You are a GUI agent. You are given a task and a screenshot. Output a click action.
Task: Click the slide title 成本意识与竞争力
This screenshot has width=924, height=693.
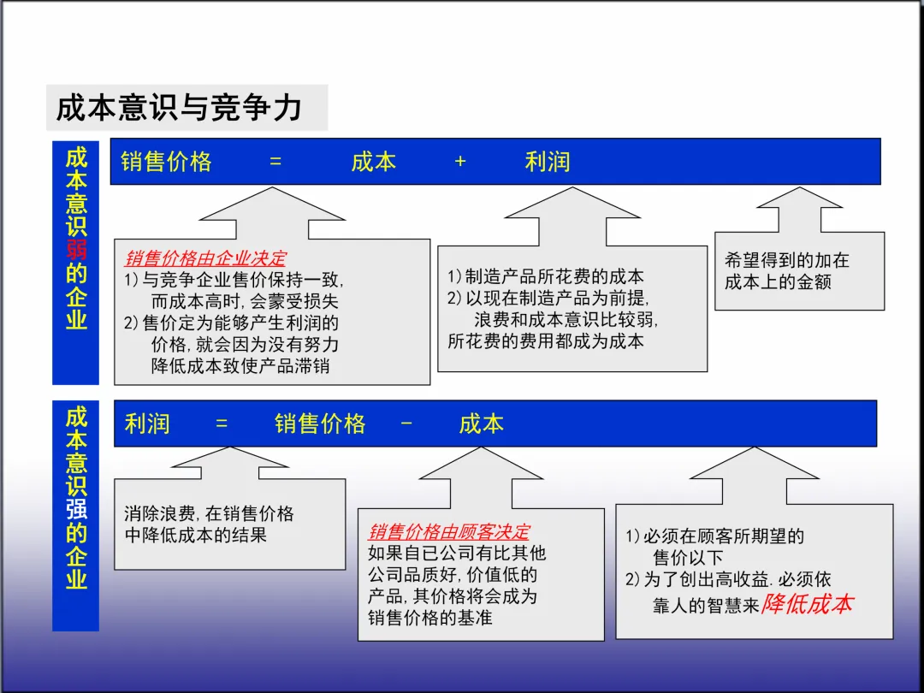[179, 108]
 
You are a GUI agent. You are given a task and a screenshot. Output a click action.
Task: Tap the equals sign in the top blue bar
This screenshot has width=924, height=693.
[275, 162]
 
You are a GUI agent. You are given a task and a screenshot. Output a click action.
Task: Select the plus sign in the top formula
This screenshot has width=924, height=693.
[460, 162]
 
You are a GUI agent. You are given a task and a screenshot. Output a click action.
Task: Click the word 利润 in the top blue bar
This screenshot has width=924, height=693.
[548, 162]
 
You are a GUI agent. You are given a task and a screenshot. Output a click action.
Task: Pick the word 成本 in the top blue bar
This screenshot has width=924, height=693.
[374, 162]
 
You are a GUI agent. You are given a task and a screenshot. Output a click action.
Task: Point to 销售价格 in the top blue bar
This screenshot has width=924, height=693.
[166, 162]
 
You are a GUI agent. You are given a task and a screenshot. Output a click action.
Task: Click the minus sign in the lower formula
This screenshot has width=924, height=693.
[406, 423]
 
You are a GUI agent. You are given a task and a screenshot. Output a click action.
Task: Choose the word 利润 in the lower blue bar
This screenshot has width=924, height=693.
[147, 423]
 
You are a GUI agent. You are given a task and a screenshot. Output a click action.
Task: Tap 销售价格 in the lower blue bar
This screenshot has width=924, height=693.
[320, 423]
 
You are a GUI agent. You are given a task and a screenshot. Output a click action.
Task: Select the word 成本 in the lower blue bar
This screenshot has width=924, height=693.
[482, 423]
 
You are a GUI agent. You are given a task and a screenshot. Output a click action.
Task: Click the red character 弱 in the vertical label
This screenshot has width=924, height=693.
[76, 250]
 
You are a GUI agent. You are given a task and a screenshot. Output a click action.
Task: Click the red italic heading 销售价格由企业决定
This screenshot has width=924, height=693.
[205, 258]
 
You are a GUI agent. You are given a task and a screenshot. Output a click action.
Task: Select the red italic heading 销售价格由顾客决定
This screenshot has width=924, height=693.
[449, 532]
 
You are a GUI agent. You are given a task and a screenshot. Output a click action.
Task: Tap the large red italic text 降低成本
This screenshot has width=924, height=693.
[807, 603]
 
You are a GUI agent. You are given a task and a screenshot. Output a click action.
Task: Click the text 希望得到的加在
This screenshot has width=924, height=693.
[786, 261]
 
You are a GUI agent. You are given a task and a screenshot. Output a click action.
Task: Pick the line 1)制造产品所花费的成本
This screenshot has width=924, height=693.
[546, 276]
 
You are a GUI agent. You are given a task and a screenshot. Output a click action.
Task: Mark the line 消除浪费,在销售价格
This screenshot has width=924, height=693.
[209, 513]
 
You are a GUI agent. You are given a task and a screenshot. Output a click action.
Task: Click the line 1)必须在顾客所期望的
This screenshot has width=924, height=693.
[715, 536]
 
